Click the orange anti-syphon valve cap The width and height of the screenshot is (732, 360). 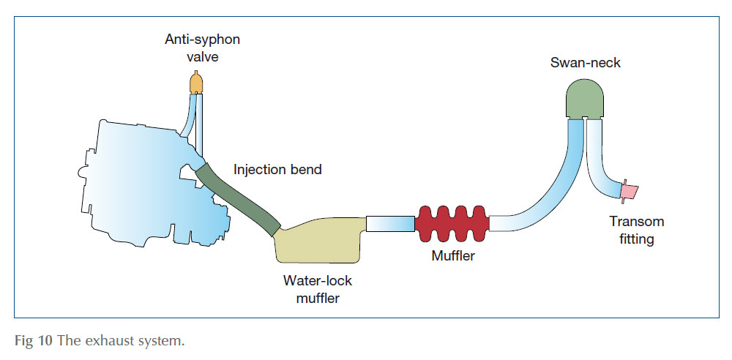point(195,83)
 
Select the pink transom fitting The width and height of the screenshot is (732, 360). point(627,192)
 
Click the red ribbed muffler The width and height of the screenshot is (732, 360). point(452,222)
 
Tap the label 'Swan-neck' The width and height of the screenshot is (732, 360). point(585,63)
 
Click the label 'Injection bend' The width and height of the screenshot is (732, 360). point(277,170)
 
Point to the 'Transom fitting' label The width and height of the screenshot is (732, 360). point(636,230)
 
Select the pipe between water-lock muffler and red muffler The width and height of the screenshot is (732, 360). point(389,224)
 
